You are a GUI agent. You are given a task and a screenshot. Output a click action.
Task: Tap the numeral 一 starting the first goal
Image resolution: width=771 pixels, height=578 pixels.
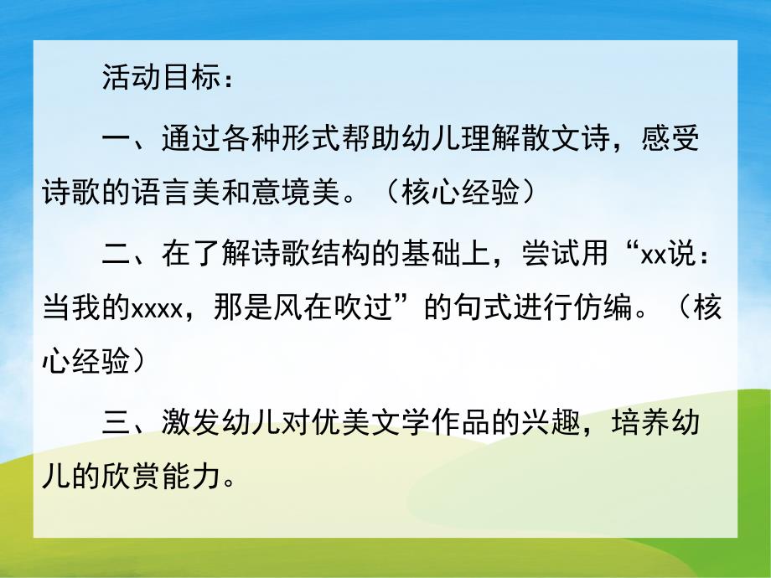[116, 138]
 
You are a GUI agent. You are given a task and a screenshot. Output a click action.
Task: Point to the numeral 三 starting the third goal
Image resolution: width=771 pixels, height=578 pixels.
[116, 423]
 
